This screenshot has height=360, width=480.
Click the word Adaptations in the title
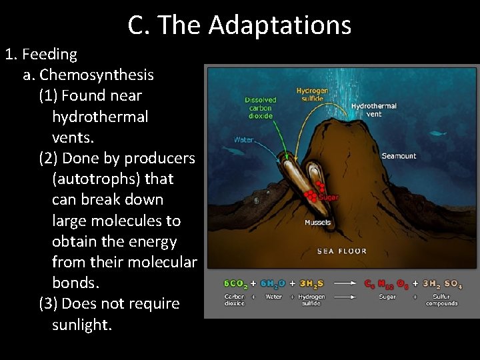point(279,25)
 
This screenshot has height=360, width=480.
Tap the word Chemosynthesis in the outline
point(97,75)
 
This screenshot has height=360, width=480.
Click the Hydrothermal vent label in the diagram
point(373,109)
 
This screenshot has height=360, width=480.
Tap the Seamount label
point(399,156)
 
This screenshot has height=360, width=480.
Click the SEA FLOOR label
point(341,251)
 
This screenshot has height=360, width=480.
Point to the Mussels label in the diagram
point(318,223)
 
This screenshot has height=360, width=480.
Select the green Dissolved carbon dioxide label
point(261,108)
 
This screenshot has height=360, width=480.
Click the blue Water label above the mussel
point(244,140)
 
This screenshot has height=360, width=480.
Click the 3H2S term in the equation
point(311,284)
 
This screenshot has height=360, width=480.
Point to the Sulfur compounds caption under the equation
point(441,300)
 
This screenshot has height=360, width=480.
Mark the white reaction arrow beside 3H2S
point(344,284)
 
